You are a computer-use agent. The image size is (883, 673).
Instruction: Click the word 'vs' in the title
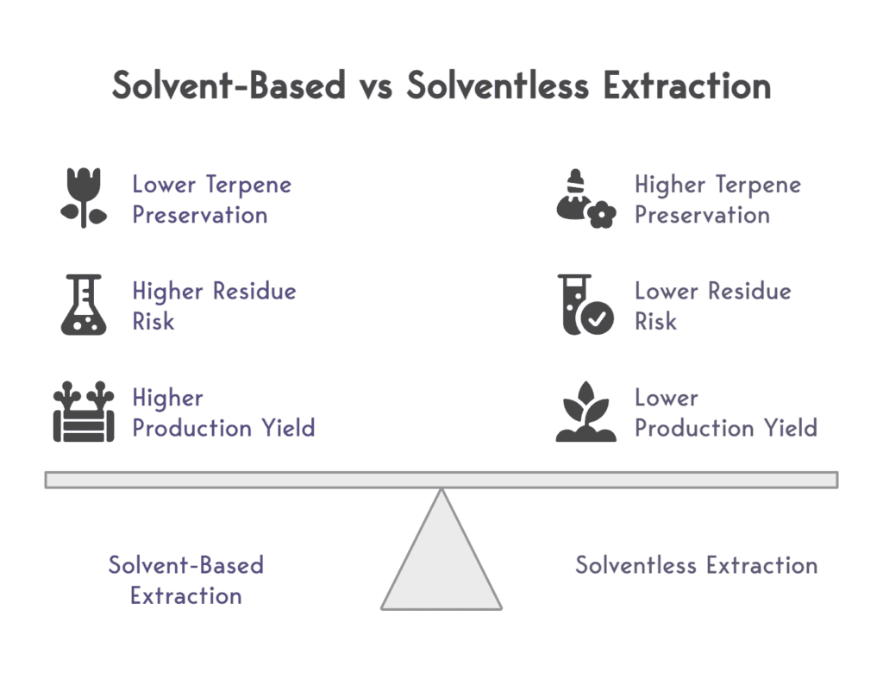pyautogui.click(x=376, y=86)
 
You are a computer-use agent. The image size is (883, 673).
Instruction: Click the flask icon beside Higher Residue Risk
pyautogui.click(x=84, y=305)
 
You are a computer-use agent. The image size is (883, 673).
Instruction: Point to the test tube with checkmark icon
pyautogui.click(x=586, y=305)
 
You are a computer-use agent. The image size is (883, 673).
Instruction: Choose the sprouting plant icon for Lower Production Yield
pyautogui.click(x=586, y=412)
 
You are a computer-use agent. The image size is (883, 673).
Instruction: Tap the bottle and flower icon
pyautogui.click(x=586, y=199)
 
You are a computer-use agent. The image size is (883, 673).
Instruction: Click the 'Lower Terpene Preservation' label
pyautogui.click(x=212, y=199)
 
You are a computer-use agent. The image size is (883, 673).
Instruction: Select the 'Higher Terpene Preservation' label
pyautogui.click(x=717, y=199)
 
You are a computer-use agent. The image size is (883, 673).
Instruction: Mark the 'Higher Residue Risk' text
pyautogui.click(x=214, y=305)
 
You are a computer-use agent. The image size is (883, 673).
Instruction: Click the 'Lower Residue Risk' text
pyautogui.click(x=712, y=305)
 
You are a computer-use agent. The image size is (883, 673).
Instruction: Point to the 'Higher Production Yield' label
pyautogui.click(x=223, y=412)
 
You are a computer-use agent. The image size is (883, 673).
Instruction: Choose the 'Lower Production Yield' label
pyautogui.click(x=725, y=412)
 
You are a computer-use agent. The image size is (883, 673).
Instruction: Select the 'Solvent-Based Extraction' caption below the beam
pyautogui.click(x=185, y=580)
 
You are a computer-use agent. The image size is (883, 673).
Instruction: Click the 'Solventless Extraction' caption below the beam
pyautogui.click(x=696, y=565)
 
